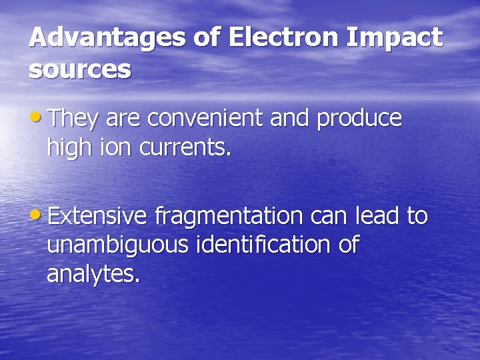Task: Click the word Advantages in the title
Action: coord(107,38)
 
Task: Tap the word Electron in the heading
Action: coord(284,38)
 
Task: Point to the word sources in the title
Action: coord(79,70)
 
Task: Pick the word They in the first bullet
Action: coord(73,118)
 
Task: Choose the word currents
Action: coord(185,148)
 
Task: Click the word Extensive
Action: coord(97,216)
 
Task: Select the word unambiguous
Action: coord(118,246)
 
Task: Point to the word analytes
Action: coord(93,275)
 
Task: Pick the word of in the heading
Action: coord(207,38)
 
